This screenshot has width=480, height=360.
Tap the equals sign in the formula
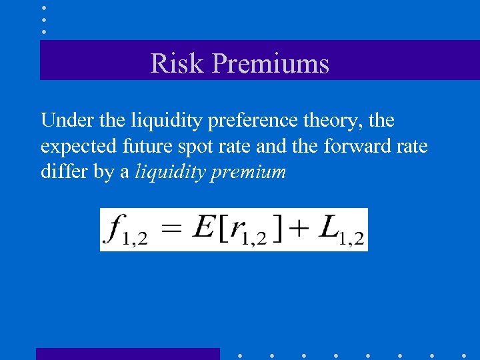(x=172, y=228)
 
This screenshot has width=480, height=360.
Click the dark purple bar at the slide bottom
(x=127, y=353)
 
